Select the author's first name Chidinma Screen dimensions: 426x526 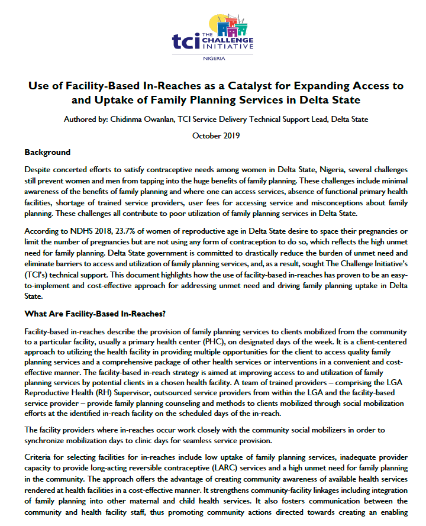click(128, 119)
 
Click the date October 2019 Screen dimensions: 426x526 click(215, 135)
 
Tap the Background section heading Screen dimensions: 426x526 click(47, 152)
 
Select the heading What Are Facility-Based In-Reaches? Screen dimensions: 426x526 click(95, 313)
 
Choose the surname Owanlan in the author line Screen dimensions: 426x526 click(169, 119)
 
